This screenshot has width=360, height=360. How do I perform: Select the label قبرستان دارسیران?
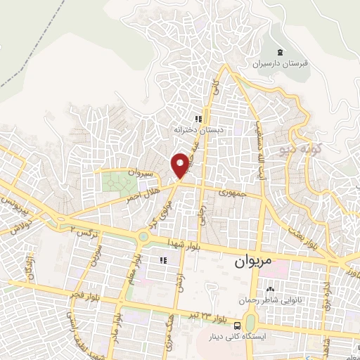[281, 63]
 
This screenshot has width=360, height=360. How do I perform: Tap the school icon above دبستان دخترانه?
[199, 119]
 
